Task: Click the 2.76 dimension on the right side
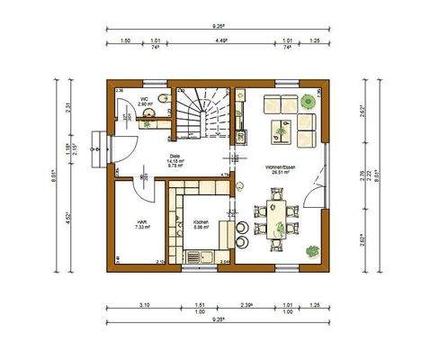click(x=362, y=173)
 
